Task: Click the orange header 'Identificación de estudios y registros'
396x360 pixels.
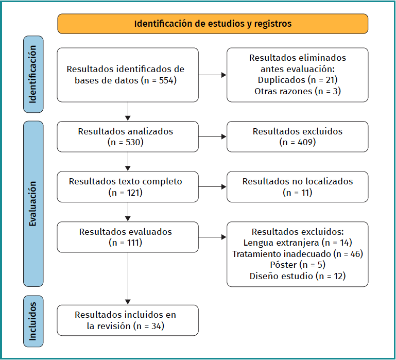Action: (213, 24)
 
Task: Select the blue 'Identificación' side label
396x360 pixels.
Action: (33, 74)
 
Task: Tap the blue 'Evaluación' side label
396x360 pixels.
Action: (33, 203)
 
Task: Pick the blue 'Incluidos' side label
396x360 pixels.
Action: (33, 321)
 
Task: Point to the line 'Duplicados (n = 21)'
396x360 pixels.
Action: (297, 80)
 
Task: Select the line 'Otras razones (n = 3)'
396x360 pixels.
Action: (297, 91)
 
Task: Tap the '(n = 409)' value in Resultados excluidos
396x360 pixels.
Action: (297, 142)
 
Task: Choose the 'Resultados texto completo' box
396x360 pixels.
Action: (127, 187)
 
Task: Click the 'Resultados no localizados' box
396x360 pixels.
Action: (297, 187)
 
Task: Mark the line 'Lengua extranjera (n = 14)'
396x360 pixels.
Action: (297, 243)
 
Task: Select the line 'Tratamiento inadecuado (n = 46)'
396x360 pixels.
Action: (297, 254)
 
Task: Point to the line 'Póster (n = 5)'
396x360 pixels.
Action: (297, 265)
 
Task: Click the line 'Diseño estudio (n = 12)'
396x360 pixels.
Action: (297, 276)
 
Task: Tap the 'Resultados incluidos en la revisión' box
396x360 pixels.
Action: (127, 320)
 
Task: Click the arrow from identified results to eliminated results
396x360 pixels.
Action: (212, 75)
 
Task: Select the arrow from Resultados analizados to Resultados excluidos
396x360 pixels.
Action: (212, 136)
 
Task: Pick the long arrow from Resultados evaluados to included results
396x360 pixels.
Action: (128, 278)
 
